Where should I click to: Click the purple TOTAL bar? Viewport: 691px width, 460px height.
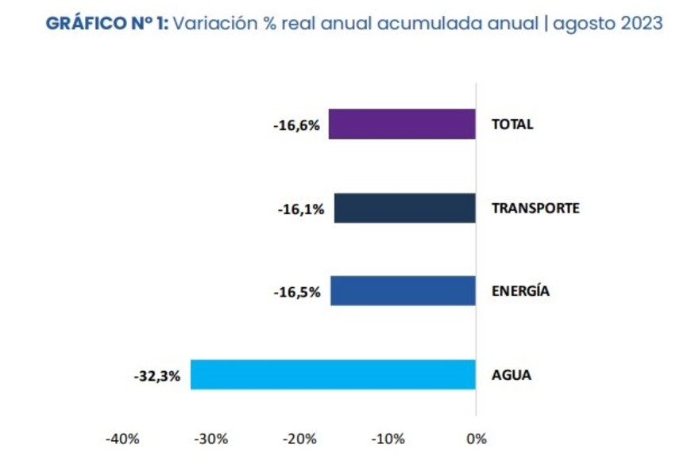pyautogui.click(x=402, y=125)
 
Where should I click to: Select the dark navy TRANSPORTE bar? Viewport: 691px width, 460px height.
pyautogui.click(x=404, y=208)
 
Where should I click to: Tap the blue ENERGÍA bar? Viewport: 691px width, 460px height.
pyautogui.click(x=403, y=291)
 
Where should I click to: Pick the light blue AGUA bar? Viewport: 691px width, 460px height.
pyautogui.click(x=333, y=374)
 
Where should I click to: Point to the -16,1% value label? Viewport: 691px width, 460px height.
pyautogui.click(x=299, y=209)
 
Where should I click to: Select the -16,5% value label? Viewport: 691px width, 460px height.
pyautogui.click(x=296, y=293)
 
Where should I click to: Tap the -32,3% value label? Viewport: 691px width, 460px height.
pyautogui.click(x=157, y=376)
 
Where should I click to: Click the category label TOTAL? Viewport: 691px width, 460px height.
pyautogui.click(x=512, y=125)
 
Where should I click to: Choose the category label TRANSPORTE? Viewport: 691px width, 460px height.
pyautogui.click(x=535, y=209)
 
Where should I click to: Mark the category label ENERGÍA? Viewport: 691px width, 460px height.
pyautogui.click(x=520, y=291)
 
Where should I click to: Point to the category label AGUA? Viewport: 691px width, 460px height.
pyautogui.click(x=511, y=374)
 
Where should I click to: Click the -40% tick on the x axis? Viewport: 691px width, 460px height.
pyautogui.click(x=122, y=439)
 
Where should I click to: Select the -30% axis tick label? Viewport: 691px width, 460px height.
pyautogui.click(x=212, y=439)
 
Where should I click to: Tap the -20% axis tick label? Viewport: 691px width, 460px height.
pyautogui.click(x=301, y=439)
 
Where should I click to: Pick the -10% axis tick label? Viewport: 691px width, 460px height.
pyautogui.click(x=389, y=439)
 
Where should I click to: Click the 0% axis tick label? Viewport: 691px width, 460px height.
pyautogui.click(x=476, y=439)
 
